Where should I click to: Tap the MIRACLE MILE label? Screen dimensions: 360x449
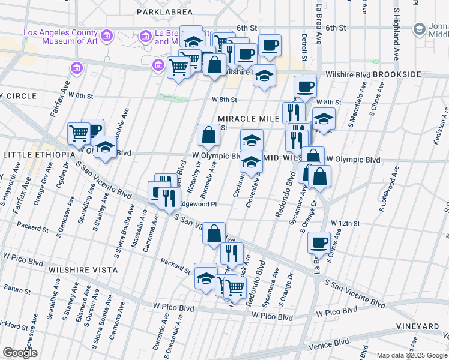(248, 119)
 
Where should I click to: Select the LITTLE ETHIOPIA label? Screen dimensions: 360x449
(35, 155)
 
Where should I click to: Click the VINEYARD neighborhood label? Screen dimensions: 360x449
(417, 326)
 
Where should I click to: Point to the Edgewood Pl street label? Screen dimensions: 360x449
(196, 204)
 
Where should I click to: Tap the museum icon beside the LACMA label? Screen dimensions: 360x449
(107, 36)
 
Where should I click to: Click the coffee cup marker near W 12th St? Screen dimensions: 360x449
(319, 242)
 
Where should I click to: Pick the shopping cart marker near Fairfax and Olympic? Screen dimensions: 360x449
(79, 133)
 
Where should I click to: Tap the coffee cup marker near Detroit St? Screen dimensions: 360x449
(305, 86)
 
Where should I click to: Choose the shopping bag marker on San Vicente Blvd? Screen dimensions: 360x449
(214, 233)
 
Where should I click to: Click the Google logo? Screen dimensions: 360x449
(20, 353)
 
